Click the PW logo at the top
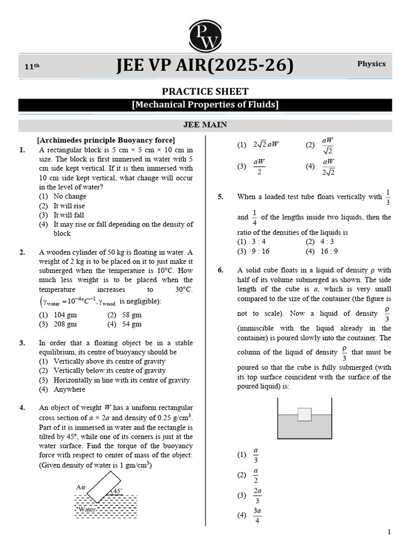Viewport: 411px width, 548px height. [x=205, y=34]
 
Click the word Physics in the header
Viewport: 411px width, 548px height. [x=371, y=64]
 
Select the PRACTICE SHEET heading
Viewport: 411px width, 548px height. [x=205, y=92]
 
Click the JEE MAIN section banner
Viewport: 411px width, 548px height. [x=205, y=125]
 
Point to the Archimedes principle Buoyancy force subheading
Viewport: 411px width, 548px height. [x=105, y=140]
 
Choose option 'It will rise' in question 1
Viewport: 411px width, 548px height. [x=69, y=206]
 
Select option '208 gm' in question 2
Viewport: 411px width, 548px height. [x=65, y=324]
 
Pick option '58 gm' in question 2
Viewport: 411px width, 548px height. [x=132, y=315]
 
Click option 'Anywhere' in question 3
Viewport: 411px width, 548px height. [x=69, y=390]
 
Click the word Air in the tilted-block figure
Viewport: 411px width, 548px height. [x=81, y=488]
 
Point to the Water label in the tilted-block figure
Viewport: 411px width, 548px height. [x=87, y=510]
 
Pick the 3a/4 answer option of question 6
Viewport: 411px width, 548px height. [x=257, y=515]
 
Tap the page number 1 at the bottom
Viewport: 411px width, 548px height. [x=389, y=532]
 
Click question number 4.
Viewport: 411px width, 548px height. [x=22, y=408]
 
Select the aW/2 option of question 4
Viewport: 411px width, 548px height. [x=259, y=166]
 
